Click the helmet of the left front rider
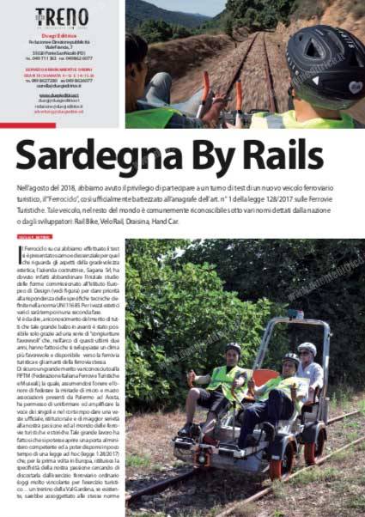point(234,349)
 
